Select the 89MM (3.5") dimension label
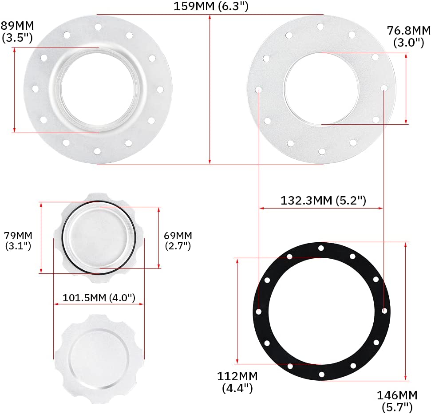tap(17, 31)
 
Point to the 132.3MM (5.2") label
tap(323, 200)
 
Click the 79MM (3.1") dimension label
tap(18, 240)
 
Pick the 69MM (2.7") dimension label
tap(178, 240)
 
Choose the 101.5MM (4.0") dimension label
tap(99, 298)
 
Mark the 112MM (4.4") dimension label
tap(237, 382)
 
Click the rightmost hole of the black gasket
tap(384, 311)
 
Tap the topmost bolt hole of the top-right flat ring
tap(320, 27)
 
